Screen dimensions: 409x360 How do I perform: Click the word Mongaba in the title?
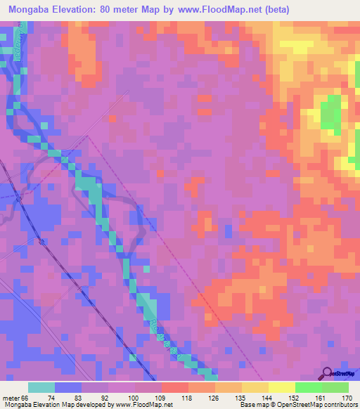(33, 10)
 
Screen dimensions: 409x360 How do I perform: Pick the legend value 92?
(122, 396)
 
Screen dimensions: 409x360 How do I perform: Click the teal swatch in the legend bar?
(41, 387)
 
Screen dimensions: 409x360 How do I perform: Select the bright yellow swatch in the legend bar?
(281, 387)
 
